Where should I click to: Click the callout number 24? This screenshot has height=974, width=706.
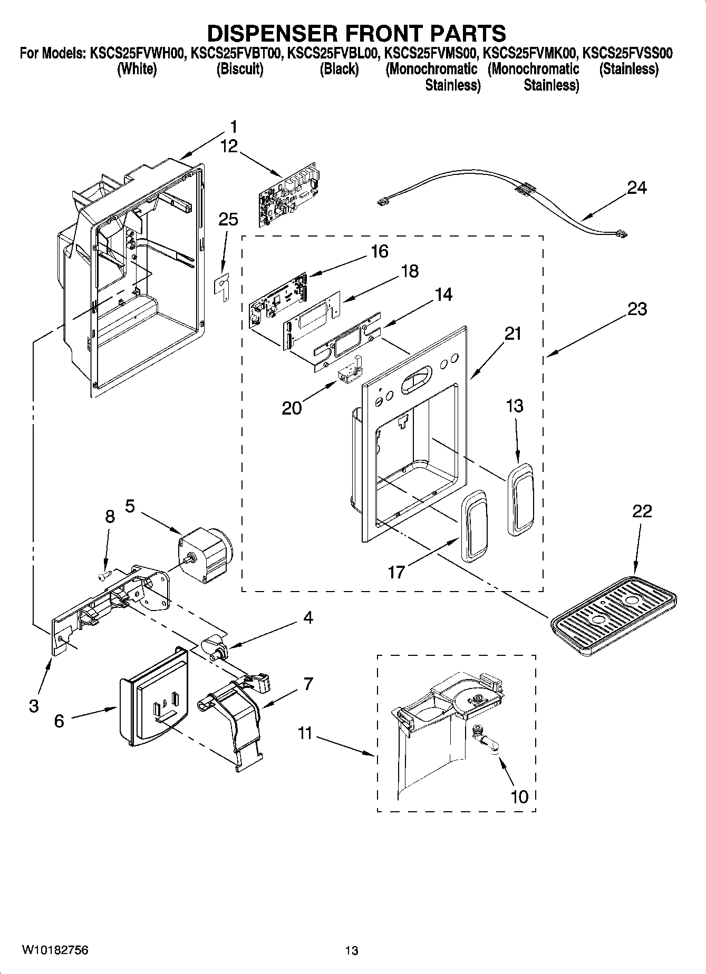click(637, 188)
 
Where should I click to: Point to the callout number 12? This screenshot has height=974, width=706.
click(229, 146)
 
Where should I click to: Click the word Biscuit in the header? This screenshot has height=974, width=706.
click(240, 69)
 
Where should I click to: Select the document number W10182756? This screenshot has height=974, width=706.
click(55, 950)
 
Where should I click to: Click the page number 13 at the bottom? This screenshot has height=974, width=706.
click(352, 950)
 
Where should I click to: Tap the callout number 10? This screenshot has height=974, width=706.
click(519, 796)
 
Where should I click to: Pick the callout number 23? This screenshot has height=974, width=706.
click(637, 309)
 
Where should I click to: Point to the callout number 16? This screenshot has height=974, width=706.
click(379, 251)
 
